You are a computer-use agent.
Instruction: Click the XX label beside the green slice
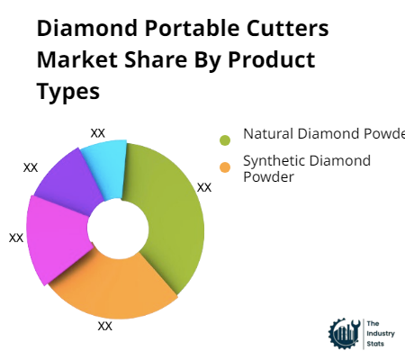pyautogui.click(x=204, y=187)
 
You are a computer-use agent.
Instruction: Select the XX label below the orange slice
pyautogui.click(x=104, y=326)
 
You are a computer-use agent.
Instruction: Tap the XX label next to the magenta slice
pyautogui.click(x=16, y=238)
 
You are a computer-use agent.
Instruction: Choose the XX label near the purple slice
pyautogui.click(x=31, y=167)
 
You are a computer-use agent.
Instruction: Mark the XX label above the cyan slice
pyautogui.click(x=98, y=132)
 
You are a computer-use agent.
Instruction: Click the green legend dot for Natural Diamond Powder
pyautogui.click(x=225, y=139)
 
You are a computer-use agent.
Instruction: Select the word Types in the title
pyautogui.click(x=68, y=92)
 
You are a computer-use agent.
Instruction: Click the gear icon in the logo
pyautogui.click(x=344, y=332)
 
